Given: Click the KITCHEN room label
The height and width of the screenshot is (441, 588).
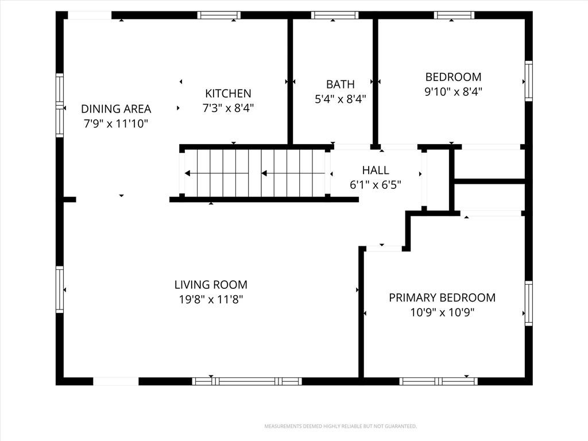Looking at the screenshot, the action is coord(228,93).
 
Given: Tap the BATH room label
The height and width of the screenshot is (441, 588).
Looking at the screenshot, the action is coord(340,84).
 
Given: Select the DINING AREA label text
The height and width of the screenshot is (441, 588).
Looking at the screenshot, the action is coord(116,109).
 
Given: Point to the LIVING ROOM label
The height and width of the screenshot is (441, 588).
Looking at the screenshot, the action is coord(211,285).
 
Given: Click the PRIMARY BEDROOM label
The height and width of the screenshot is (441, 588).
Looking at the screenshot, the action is coord(442,297).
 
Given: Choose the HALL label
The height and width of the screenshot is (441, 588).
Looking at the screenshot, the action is coord(376,170).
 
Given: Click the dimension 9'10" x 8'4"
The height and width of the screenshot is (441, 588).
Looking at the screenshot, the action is coord(453,91).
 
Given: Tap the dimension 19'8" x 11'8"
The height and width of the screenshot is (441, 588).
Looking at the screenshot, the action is coord(211,299).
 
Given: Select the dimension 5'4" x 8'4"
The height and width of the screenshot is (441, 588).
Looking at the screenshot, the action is coord(340,99).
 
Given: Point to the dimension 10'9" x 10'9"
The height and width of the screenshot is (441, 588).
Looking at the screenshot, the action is coord(442,312).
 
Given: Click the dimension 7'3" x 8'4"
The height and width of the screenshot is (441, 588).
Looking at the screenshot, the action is coord(228,108).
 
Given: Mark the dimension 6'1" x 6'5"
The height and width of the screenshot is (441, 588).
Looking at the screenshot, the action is coord(376,185).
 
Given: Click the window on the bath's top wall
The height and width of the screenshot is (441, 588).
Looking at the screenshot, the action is coord(335,15).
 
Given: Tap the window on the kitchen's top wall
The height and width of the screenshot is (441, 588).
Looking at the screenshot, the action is coord(219,15).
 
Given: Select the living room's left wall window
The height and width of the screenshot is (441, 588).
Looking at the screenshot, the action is coord(60,289).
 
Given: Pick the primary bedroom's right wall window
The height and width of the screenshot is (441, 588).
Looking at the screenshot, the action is coord(528,303).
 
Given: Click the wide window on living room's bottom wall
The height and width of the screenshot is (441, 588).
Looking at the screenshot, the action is coord(247,381).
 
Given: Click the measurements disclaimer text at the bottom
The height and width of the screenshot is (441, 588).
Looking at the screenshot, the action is coord(341,427).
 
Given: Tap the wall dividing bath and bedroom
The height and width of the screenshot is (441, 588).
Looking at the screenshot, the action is coord(376,82).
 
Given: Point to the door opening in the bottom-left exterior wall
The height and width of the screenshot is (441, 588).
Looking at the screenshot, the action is coord(115,381).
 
